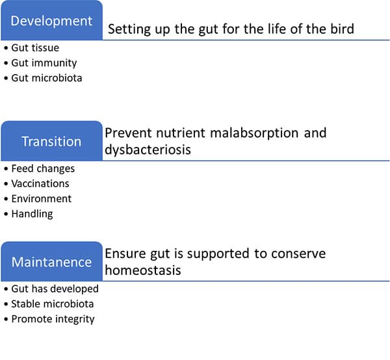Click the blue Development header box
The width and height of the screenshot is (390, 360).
tap(52, 20)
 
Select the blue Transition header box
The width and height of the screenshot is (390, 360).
tap(52, 141)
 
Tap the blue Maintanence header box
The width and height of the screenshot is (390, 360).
tap(52, 261)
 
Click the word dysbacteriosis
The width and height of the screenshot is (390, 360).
tap(148, 150)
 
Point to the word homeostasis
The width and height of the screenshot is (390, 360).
tap(143, 270)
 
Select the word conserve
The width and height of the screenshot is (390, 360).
tap(298, 254)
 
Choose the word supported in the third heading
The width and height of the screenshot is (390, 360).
tap(218, 254)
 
